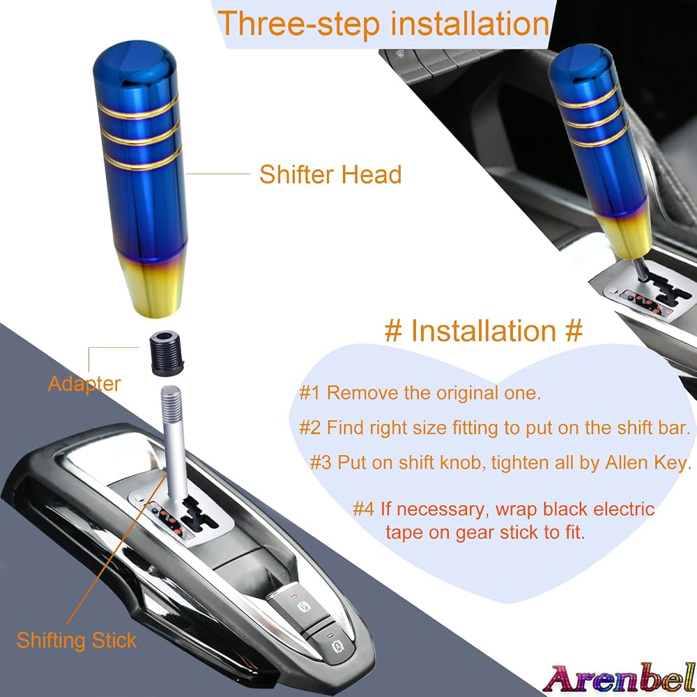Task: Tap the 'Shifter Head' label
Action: tap(330, 174)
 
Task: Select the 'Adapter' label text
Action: tap(84, 384)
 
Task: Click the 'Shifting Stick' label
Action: tap(77, 641)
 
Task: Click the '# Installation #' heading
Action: tap(484, 330)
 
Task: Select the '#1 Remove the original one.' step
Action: tap(420, 393)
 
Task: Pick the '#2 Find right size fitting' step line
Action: tap(495, 428)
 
